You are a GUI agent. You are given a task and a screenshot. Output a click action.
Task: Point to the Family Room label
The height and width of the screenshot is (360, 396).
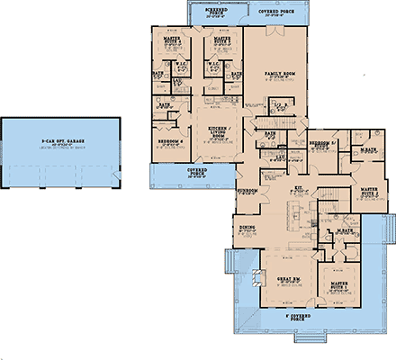click(280, 74)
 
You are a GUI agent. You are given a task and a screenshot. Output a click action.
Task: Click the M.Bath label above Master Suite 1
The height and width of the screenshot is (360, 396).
click(344, 231)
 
